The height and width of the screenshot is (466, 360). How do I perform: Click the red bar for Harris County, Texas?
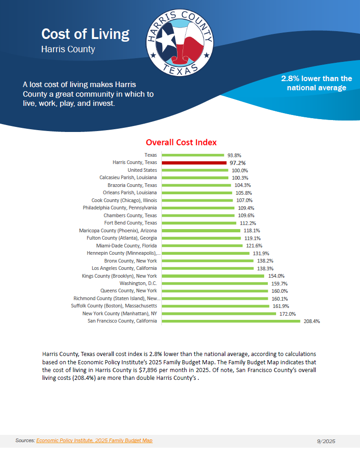(194, 163)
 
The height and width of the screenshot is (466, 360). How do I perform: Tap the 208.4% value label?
(311, 322)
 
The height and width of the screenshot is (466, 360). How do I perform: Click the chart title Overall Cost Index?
(181, 143)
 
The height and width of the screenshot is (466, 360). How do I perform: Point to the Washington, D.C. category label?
(138, 284)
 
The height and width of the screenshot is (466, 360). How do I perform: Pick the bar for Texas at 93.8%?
(193, 155)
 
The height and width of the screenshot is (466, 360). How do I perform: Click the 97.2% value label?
(238, 163)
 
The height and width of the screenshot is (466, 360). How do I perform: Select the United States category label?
(142, 170)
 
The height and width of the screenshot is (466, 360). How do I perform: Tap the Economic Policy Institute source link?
(94, 440)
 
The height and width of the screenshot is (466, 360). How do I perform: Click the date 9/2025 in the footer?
(326, 441)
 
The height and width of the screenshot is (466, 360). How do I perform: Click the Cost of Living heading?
(85, 34)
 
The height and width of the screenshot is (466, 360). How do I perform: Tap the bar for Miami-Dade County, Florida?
(202, 246)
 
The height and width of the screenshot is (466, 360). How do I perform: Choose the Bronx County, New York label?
(130, 261)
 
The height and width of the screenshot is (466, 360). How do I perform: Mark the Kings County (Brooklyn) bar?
(213, 276)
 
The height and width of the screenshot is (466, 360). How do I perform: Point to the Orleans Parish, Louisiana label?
(130, 193)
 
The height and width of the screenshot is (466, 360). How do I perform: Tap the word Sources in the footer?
(25, 440)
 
